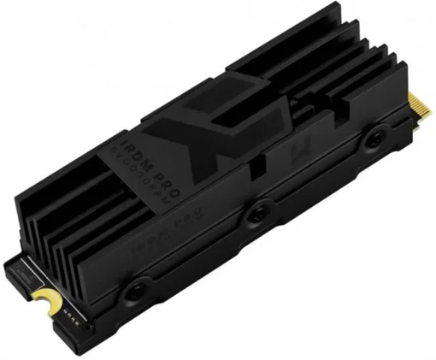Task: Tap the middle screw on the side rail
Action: point(256,218)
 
